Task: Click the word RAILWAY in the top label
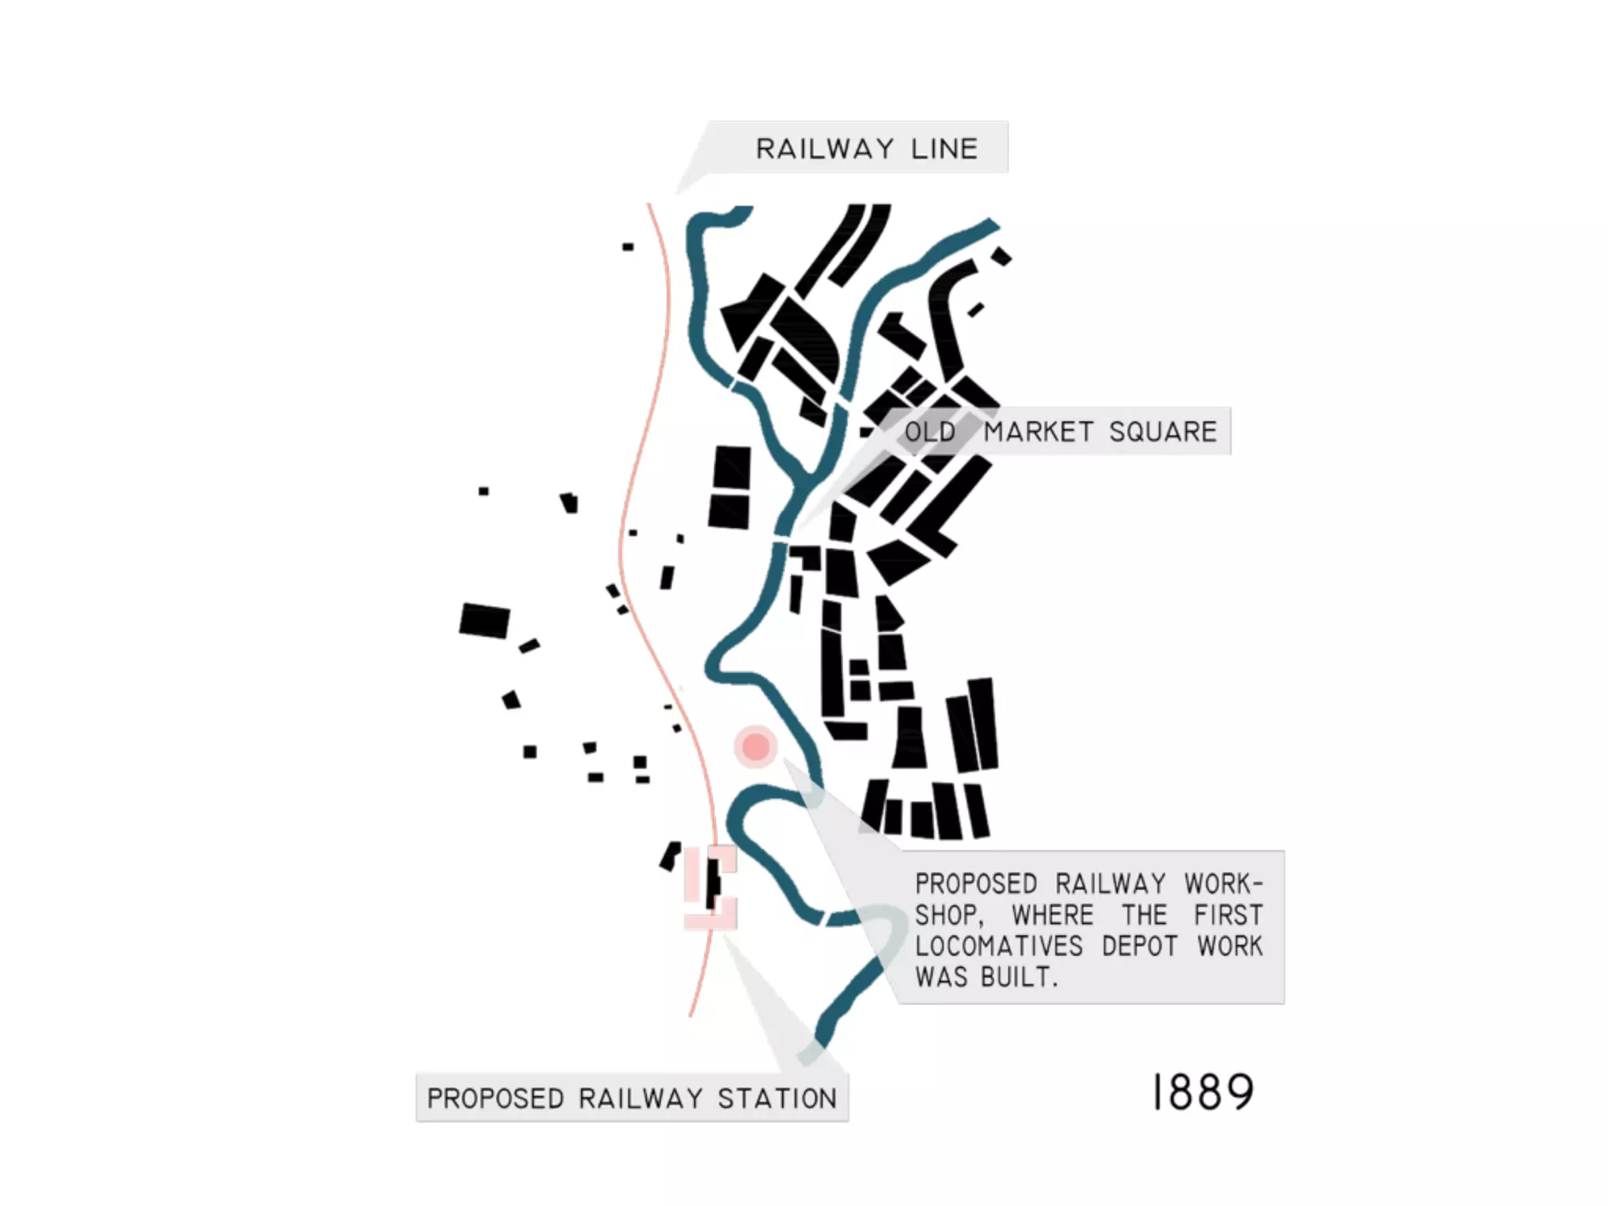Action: click(824, 148)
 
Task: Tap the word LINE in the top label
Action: click(945, 148)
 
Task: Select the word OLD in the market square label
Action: click(930, 432)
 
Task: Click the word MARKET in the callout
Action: click(1039, 432)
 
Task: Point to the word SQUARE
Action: click(1163, 432)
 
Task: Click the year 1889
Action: click(1204, 1092)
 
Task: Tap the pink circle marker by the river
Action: click(755, 746)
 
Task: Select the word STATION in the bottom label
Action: click(777, 1098)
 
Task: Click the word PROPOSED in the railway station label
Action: click(495, 1098)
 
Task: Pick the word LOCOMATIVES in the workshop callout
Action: click(999, 946)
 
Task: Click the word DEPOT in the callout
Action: click(1140, 946)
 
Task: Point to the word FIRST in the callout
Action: click(1228, 915)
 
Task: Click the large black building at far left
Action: click(484, 620)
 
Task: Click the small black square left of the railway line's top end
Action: click(628, 247)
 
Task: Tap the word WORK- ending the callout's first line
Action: click(1223, 884)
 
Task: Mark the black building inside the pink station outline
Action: click(713, 884)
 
